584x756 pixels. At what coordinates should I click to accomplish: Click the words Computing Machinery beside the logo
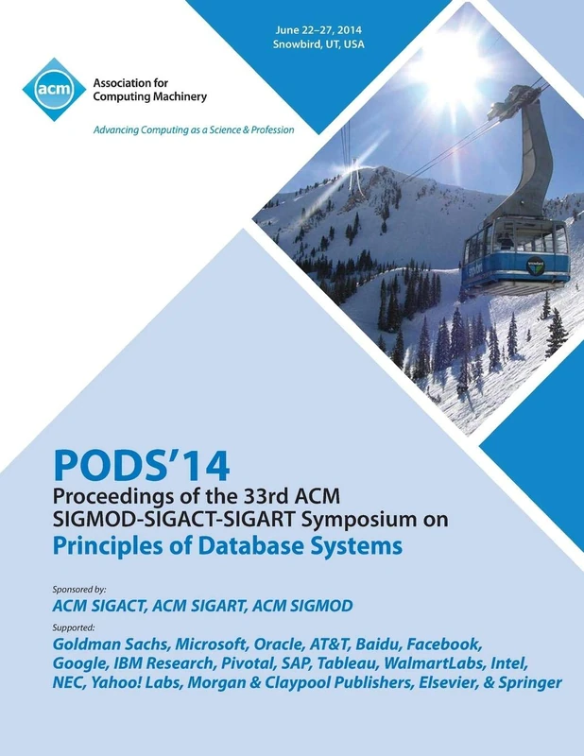tap(150, 96)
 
